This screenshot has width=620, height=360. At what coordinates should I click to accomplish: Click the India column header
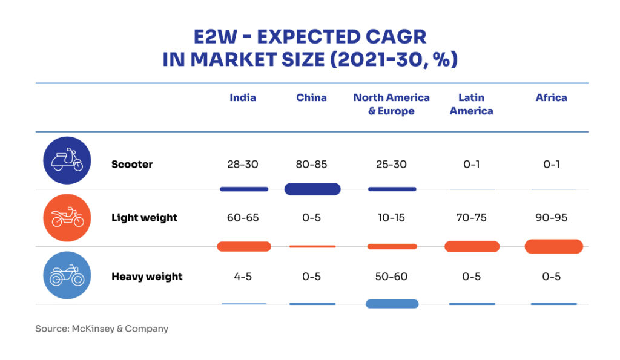point(242,98)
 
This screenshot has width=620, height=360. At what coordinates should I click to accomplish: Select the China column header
point(311,98)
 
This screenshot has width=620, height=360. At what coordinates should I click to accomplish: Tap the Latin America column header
point(471,104)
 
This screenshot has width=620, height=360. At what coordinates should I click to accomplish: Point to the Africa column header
point(551,98)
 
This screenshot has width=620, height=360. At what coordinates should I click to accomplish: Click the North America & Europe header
point(391,104)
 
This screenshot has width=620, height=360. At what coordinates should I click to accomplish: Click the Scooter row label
point(132,164)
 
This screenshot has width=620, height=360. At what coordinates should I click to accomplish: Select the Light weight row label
point(144,218)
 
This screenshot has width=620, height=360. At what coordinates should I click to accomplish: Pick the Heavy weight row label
point(147,277)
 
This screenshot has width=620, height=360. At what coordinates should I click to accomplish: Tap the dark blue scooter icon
point(67,161)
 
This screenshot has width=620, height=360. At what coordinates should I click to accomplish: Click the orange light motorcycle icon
point(67,218)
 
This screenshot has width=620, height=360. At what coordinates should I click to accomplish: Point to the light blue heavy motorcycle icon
point(67,276)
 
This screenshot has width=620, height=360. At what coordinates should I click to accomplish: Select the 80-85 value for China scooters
point(311,164)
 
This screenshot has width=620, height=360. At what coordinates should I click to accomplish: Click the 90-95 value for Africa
point(551,218)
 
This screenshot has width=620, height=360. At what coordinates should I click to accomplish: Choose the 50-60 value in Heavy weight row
point(391,277)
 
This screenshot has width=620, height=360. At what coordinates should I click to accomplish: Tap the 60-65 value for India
point(242,218)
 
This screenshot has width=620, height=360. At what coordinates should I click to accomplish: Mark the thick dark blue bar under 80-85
point(312,189)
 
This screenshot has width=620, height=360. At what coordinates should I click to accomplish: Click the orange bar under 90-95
point(553,246)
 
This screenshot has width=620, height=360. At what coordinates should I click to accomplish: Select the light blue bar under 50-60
point(392,304)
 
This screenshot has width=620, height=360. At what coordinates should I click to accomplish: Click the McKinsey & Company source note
point(102,329)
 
